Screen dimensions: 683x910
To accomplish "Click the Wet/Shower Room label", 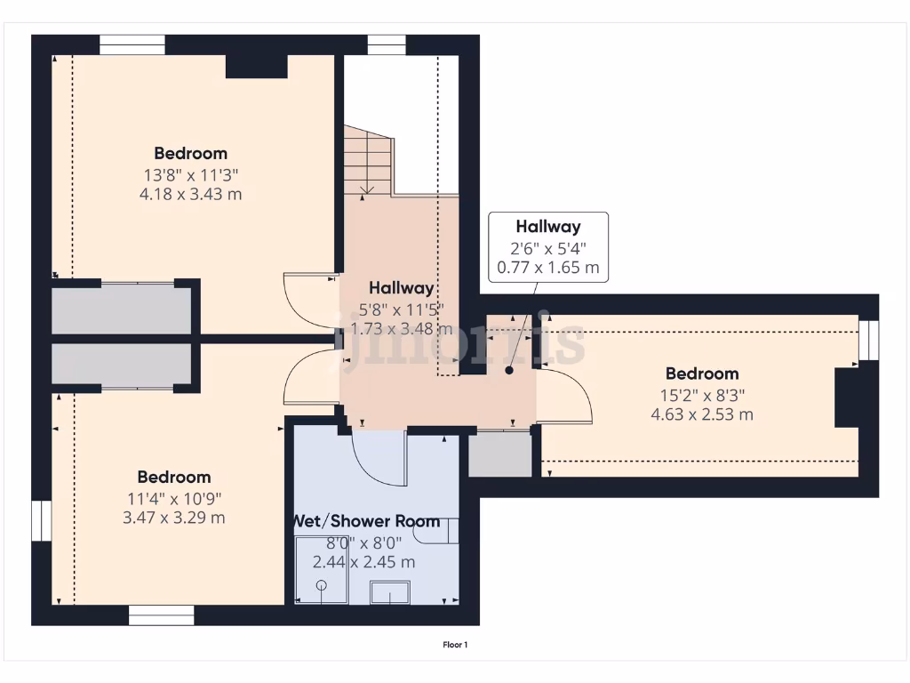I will [367, 521].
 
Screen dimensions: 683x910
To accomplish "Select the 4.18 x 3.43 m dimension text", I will [191, 194].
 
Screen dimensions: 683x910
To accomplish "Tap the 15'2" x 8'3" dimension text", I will [702, 394].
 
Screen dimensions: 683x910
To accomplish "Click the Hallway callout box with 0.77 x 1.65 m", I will [548, 247].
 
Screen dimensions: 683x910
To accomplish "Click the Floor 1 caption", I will [455, 645].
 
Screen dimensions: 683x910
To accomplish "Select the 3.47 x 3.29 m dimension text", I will [173, 518].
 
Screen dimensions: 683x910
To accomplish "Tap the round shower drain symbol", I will [322, 585].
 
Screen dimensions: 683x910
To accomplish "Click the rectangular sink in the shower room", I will [389, 592].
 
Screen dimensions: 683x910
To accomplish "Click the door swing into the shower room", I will [378, 455].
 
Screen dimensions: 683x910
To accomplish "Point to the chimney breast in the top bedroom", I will [256, 67].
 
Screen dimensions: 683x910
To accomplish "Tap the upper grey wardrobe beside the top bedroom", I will [122, 309].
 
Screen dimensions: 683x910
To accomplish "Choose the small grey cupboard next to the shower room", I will [500, 454].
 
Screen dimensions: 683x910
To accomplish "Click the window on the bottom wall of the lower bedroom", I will [161, 615].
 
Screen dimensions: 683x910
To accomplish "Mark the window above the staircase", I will [387, 45].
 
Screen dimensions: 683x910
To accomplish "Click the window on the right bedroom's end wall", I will [869, 340].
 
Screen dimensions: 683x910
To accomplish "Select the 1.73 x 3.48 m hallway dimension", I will [395, 329].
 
